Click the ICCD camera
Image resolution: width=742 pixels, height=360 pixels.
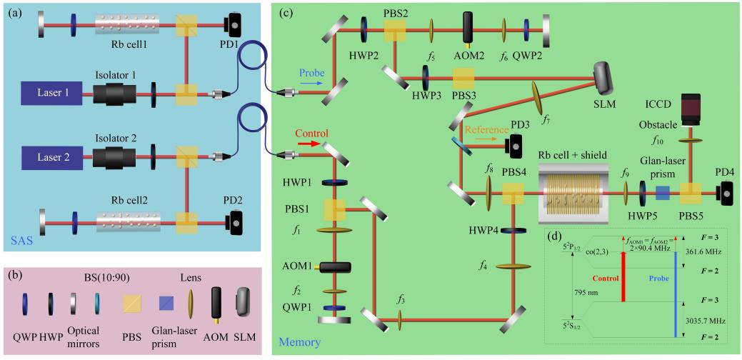[691, 108]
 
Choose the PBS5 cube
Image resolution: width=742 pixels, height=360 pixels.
[691, 193]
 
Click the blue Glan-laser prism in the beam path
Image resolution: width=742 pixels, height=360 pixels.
[662, 193]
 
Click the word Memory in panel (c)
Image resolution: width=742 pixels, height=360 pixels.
[295, 342]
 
